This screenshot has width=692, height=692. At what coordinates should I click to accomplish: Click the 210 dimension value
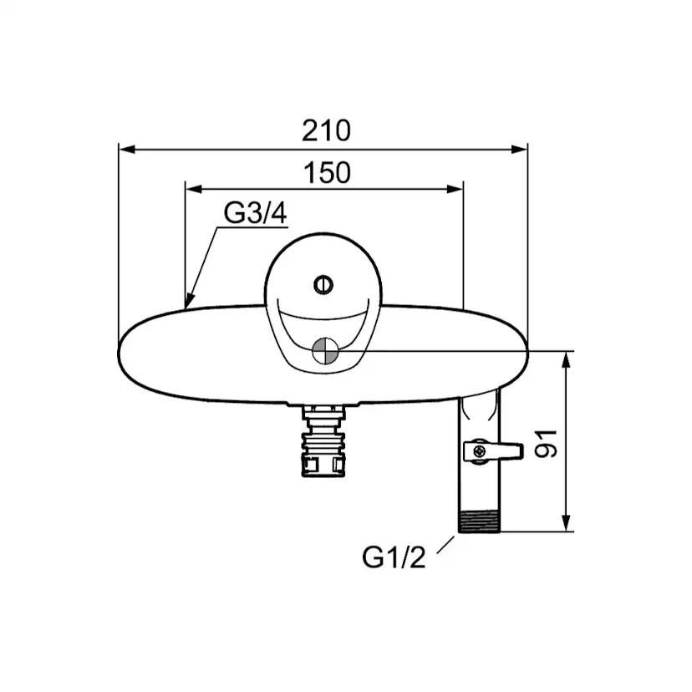[x=326, y=130]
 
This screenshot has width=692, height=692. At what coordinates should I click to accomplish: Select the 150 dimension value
[x=327, y=172]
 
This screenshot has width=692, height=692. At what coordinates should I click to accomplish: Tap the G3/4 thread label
[x=255, y=213]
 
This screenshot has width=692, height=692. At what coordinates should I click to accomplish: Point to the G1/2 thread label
[x=394, y=557]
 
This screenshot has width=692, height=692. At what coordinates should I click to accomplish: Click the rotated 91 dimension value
[x=547, y=444]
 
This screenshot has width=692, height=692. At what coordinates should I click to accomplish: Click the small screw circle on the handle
[x=323, y=285]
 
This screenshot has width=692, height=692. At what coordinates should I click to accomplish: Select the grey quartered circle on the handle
[x=325, y=351]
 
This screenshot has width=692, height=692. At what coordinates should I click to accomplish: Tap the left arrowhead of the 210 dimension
[x=127, y=149]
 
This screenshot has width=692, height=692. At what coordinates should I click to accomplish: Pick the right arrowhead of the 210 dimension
[x=519, y=149]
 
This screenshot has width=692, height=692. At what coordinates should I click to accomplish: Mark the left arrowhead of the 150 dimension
[x=194, y=190]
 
